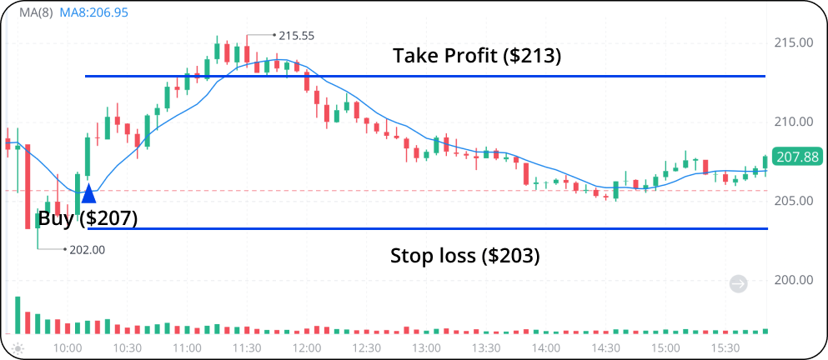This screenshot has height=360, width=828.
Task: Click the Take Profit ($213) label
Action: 478,57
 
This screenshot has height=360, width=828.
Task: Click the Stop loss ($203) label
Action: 465,256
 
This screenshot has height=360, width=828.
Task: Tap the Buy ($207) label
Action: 88,219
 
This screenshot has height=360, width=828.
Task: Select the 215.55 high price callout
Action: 296,36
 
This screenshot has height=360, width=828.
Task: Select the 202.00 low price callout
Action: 88,249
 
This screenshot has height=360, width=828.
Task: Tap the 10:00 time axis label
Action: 68,347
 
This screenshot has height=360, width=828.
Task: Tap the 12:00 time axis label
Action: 307,347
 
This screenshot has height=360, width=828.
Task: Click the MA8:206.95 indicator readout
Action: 93,14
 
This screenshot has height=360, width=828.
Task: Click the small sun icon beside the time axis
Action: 18,347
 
